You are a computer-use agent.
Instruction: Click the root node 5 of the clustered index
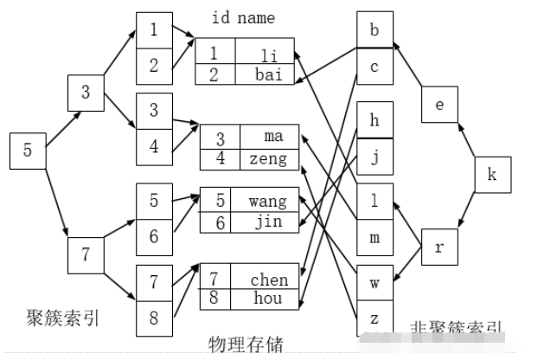pyautogui.click(x=28, y=151)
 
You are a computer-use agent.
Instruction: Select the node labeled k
pyautogui.click(x=493, y=176)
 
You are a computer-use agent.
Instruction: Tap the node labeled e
pyautogui.click(x=439, y=105)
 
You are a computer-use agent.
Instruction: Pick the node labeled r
pyautogui.click(x=439, y=247)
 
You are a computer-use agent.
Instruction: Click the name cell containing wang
pyautogui.click(x=267, y=202)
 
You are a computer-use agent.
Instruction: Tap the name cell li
pyautogui.click(x=268, y=55)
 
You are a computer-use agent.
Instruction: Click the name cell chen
pyautogui.click(x=269, y=280)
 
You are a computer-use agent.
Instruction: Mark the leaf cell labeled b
pyautogui.click(x=375, y=30)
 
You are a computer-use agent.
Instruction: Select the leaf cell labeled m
pyautogui.click(x=375, y=237)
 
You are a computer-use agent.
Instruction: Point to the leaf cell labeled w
pyautogui.click(x=375, y=282)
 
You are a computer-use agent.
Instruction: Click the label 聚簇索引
pyautogui.click(x=63, y=318)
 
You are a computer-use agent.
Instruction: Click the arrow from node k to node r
pyautogui.click(x=468, y=210)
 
